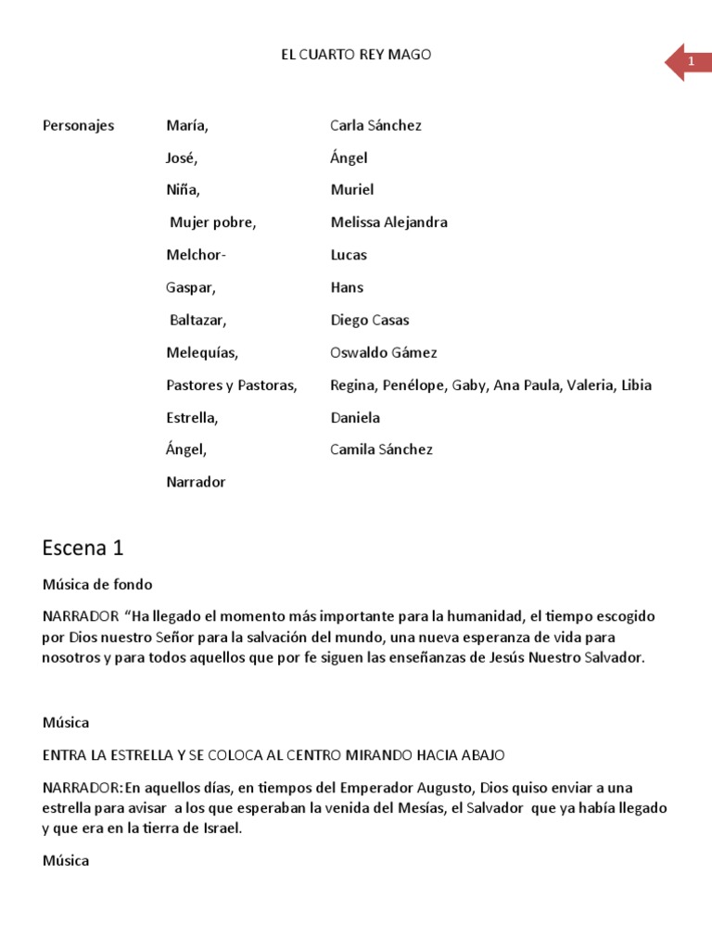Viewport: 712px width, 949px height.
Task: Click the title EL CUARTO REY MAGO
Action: (x=356, y=55)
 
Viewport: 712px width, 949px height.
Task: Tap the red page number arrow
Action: (x=687, y=62)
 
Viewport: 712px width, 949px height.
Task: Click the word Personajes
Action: (x=79, y=125)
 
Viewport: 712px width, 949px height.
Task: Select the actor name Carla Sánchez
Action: (x=375, y=125)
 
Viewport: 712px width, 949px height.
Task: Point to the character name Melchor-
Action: (x=196, y=255)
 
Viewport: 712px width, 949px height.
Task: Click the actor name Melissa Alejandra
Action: (x=388, y=222)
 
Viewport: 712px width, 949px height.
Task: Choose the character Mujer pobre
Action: (x=212, y=222)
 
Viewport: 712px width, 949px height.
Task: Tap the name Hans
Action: (x=347, y=287)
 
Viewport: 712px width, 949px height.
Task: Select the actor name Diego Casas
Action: (x=370, y=320)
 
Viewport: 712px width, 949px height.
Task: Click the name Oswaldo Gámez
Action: (x=383, y=352)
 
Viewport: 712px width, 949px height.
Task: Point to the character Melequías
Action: (x=202, y=352)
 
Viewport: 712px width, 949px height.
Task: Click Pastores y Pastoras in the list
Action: (x=232, y=385)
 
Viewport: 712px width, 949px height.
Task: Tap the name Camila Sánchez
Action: (x=381, y=449)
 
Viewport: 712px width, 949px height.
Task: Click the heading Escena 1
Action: (x=83, y=548)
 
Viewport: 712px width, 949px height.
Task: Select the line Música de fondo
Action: (x=97, y=585)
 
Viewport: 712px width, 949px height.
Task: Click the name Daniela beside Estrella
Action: (x=355, y=417)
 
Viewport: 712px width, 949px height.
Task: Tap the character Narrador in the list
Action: (x=196, y=482)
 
